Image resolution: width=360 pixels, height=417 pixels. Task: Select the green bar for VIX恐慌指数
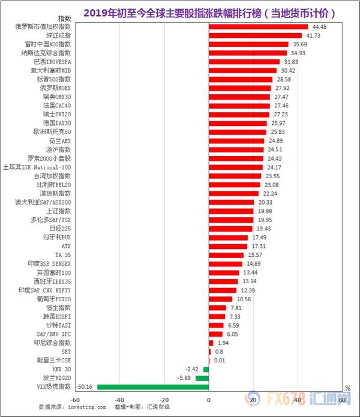pos(153,387)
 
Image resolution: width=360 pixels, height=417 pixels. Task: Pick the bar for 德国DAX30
pos(238,123)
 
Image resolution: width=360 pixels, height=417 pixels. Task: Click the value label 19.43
pos(264,228)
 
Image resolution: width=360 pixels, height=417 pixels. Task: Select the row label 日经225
pos(61,228)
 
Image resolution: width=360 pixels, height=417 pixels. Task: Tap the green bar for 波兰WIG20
pos(202,378)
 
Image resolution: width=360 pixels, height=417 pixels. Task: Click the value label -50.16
pos(85,387)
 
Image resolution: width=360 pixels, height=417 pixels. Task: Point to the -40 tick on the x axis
pos(119,399)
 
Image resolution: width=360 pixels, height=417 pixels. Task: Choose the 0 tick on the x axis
pos(209,399)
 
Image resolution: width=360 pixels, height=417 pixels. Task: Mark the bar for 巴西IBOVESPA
pos(244,62)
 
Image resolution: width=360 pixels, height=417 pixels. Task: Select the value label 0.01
pos(220,360)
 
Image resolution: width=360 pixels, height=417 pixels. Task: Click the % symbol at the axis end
pos(347,388)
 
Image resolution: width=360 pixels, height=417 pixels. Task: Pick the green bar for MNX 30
pos(206,369)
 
